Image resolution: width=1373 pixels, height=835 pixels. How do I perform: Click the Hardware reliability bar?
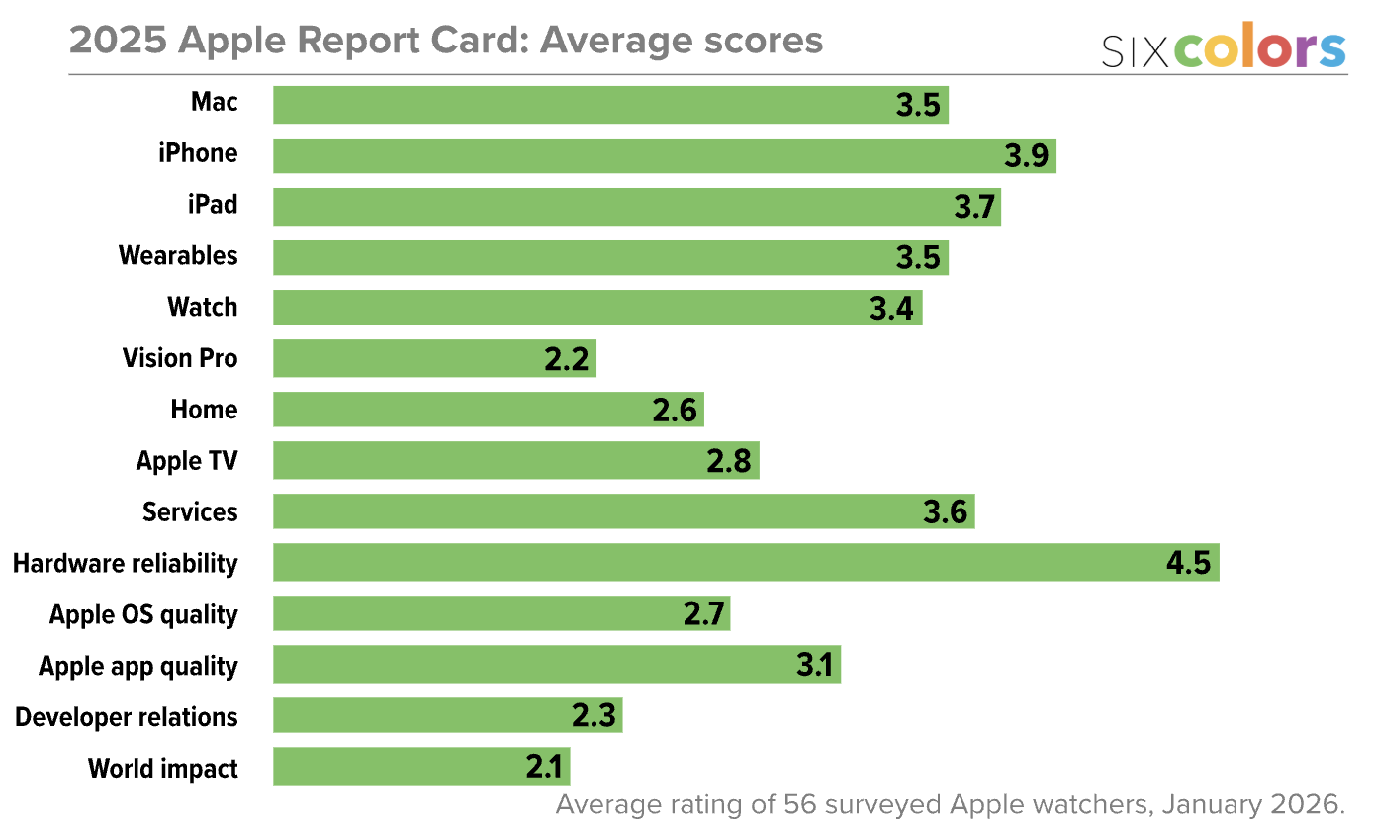coord(746,563)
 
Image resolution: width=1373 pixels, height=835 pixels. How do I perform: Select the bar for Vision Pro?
coord(434,358)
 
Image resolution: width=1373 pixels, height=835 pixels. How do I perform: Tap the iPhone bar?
coord(664,155)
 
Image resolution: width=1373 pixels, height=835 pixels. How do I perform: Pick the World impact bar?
coord(421,767)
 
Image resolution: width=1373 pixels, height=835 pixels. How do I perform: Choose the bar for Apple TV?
coord(515,461)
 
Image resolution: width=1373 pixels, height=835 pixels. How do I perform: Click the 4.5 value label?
coord(1188,563)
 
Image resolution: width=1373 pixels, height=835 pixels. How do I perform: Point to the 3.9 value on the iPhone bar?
coord(1026,155)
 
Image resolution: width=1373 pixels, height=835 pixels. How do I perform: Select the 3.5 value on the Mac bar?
coord(918,105)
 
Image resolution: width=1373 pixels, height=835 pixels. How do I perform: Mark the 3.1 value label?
coord(815,666)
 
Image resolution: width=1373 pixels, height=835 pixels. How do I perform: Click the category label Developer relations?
coord(127,717)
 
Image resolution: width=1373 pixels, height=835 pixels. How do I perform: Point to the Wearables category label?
coord(178,255)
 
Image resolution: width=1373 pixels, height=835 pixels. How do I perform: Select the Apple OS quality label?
coord(143,614)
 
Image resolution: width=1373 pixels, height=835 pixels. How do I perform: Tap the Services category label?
coord(190,511)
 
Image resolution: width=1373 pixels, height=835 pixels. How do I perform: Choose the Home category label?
coord(204,410)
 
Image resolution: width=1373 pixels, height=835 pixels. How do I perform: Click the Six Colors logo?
coord(1224,46)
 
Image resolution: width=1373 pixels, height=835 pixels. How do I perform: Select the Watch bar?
coord(597,307)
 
